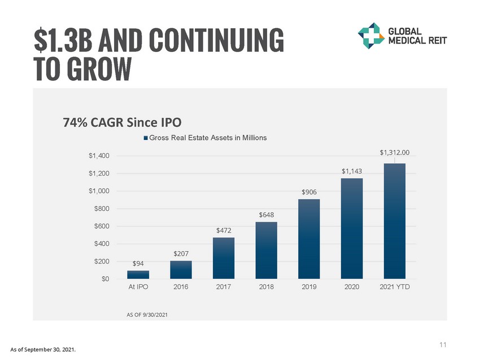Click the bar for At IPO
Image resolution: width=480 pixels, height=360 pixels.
[138, 275]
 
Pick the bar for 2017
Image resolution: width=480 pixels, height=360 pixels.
[224, 258]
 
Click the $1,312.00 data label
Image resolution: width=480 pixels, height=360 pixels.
[394, 152]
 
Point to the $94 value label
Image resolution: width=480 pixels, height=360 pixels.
[138, 264]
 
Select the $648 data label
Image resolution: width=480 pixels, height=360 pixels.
[266, 215]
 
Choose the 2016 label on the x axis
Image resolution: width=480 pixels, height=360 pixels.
[181, 287]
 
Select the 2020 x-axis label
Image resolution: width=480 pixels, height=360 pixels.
[351, 287]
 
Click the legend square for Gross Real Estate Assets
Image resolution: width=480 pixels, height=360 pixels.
[146, 138]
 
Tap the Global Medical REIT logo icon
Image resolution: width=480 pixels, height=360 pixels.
[371, 36]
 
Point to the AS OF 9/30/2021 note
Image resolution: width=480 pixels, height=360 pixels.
[147, 314]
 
